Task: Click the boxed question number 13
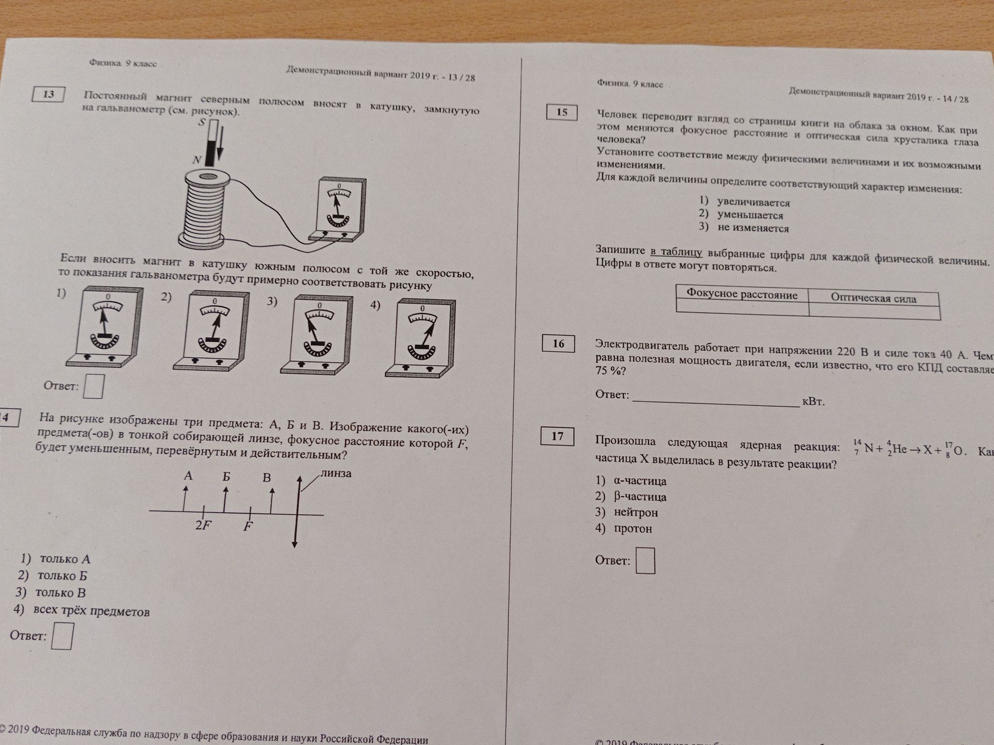tap(48, 94)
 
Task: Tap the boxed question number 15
tap(562, 112)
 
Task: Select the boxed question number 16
tap(558, 344)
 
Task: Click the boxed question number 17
tap(557, 436)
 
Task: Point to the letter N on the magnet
tap(197, 160)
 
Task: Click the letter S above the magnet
tap(202, 123)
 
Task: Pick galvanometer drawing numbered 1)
tap(105, 326)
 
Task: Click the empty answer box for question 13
tap(94, 386)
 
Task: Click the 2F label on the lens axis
tap(203, 525)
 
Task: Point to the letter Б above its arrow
tap(226, 476)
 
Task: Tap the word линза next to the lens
tap(336, 473)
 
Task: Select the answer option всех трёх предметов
tap(91, 611)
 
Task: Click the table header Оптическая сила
tap(873, 299)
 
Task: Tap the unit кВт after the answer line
tap(813, 401)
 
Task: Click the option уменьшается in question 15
tap(750, 215)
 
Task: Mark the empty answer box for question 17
tap(645, 561)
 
